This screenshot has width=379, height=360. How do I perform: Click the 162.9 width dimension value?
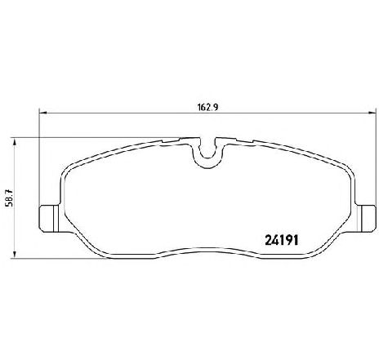pyautogui.click(x=207, y=107)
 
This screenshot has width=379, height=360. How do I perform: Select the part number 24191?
pyautogui.click(x=282, y=240)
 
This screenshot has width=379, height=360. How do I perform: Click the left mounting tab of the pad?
pyautogui.click(x=50, y=219)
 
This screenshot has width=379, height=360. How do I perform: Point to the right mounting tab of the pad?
pyautogui.click(x=367, y=219)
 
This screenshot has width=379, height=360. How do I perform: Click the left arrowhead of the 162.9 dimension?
pyautogui.click(x=43, y=113)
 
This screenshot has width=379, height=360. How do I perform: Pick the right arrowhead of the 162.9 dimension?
pyautogui.click(x=372, y=113)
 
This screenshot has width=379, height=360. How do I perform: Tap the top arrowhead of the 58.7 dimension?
pyautogui.click(x=15, y=142)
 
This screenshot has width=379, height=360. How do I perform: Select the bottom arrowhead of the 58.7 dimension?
pyautogui.click(x=15, y=254)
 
